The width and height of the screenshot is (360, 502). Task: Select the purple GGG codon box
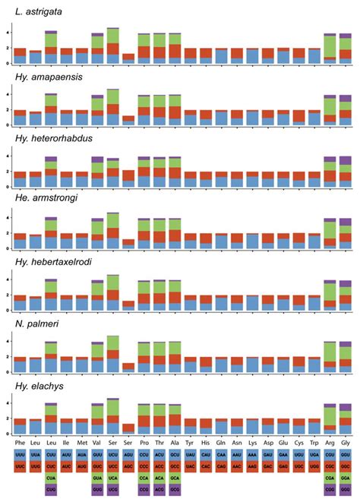tap(346, 490)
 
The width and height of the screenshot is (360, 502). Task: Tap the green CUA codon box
tap(51, 477)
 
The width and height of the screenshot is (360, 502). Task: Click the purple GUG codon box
tap(97, 490)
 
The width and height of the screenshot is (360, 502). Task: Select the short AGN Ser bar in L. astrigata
tap(128, 58)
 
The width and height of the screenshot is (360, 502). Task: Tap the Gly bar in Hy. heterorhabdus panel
tap(346, 172)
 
